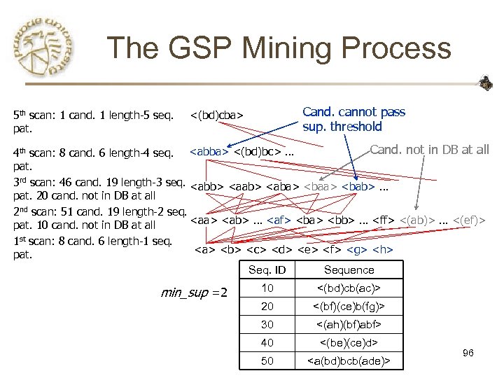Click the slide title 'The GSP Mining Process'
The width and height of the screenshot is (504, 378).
[279, 49]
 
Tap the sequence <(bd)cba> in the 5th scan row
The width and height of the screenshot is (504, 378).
[216, 114]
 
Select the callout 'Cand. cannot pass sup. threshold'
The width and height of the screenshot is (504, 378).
[353, 119]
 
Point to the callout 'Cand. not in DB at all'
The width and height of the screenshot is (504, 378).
[429, 149]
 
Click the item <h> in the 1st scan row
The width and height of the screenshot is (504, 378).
[383, 249]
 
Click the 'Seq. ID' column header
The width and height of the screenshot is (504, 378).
[267, 269]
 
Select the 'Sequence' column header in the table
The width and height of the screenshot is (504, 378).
[349, 269]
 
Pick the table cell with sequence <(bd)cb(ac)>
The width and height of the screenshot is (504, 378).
[349, 288]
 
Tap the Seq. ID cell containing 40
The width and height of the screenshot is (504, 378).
[267, 342]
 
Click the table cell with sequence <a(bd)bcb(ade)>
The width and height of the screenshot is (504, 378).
[349, 360]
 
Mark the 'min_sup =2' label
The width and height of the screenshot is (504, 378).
[195, 292]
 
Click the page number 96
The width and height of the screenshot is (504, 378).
[468, 353]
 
